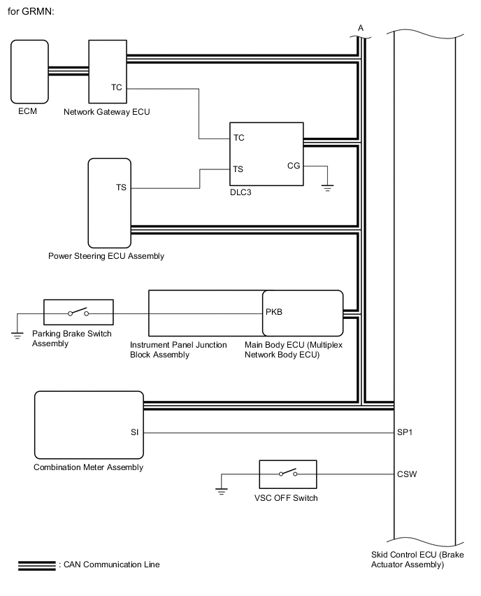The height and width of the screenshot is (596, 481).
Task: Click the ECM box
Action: coord(29,72)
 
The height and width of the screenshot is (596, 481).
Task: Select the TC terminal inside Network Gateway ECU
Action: coord(117,87)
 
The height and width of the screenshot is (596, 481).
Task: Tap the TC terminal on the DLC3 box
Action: coord(238,138)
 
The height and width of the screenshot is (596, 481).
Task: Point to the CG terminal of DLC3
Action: coord(294,166)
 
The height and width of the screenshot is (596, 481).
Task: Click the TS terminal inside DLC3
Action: coord(238,169)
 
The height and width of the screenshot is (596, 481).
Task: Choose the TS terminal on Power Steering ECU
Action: coord(121,187)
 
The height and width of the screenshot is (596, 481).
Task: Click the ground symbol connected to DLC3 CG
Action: coord(327,187)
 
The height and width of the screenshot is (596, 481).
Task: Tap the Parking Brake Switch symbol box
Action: coord(78,312)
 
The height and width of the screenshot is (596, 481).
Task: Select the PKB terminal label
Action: coord(274,312)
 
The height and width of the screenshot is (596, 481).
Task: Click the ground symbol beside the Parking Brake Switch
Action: coord(17,335)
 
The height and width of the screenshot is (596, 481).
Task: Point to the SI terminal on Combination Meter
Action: coord(134,432)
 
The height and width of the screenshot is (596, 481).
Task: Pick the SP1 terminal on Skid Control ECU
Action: coord(405,432)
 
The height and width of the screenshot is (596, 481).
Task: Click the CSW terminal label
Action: coord(407,474)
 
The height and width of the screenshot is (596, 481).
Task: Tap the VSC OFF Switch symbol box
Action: coord(288,474)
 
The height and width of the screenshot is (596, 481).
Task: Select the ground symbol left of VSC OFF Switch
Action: coord(222,491)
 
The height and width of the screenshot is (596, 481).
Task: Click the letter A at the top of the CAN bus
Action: coord(361,28)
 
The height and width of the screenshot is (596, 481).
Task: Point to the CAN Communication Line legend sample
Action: coord(37,566)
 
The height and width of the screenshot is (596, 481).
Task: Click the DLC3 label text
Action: coord(241,192)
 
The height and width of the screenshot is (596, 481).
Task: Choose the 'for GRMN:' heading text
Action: coord(31,11)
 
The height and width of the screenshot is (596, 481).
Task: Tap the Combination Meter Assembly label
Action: coord(89,467)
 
